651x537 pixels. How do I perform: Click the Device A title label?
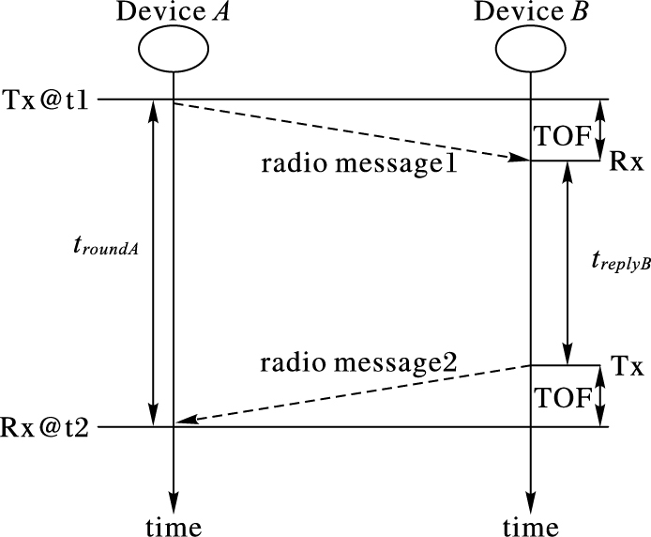(x=173, y=12)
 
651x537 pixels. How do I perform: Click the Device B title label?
(x=530, y=12)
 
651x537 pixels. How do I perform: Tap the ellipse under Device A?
(x=173, y=47)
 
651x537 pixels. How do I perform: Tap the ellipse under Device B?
(x=530, y=47)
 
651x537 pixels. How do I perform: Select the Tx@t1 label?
(x=47, y=99)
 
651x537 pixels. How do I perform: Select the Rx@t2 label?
(x=47, y=428)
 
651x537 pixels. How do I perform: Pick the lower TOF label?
(x=563, y=398)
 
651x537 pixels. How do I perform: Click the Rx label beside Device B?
(x=626, y=161)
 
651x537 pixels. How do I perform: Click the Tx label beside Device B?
(x=626, y=366)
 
